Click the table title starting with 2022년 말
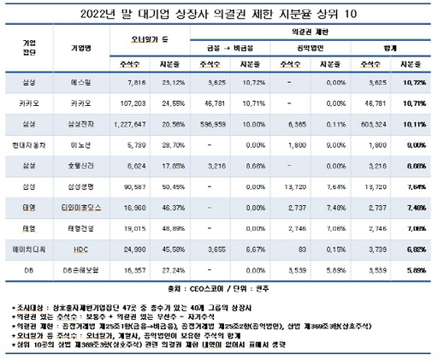click(x=219, y=12)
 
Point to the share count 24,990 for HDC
click(x=138, y=250)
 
